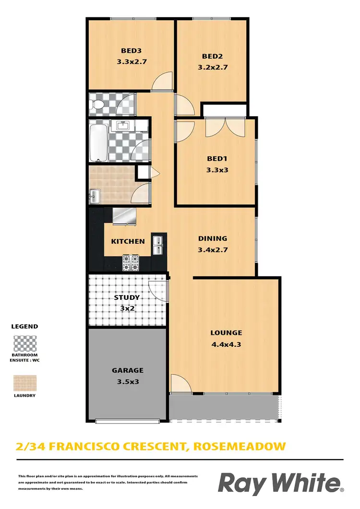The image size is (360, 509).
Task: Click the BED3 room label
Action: [131, 50]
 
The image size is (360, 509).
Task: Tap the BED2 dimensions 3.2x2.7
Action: [212, 67]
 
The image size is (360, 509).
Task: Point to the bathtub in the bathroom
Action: [98, 142]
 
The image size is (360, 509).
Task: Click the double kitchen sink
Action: [158, 244]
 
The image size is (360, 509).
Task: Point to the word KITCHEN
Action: [128, 241]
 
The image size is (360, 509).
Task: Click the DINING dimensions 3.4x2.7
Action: [213, 249]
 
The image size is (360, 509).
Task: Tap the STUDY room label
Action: [127, 297]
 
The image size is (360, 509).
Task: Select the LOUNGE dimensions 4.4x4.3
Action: [226, 343]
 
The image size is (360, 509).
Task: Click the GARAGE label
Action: [128, 370]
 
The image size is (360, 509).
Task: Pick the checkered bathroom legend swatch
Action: [24, 344]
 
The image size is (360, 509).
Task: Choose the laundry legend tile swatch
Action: [24, 383]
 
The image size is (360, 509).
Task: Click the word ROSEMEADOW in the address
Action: [239, 446]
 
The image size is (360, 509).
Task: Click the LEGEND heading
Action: [24, 326]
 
